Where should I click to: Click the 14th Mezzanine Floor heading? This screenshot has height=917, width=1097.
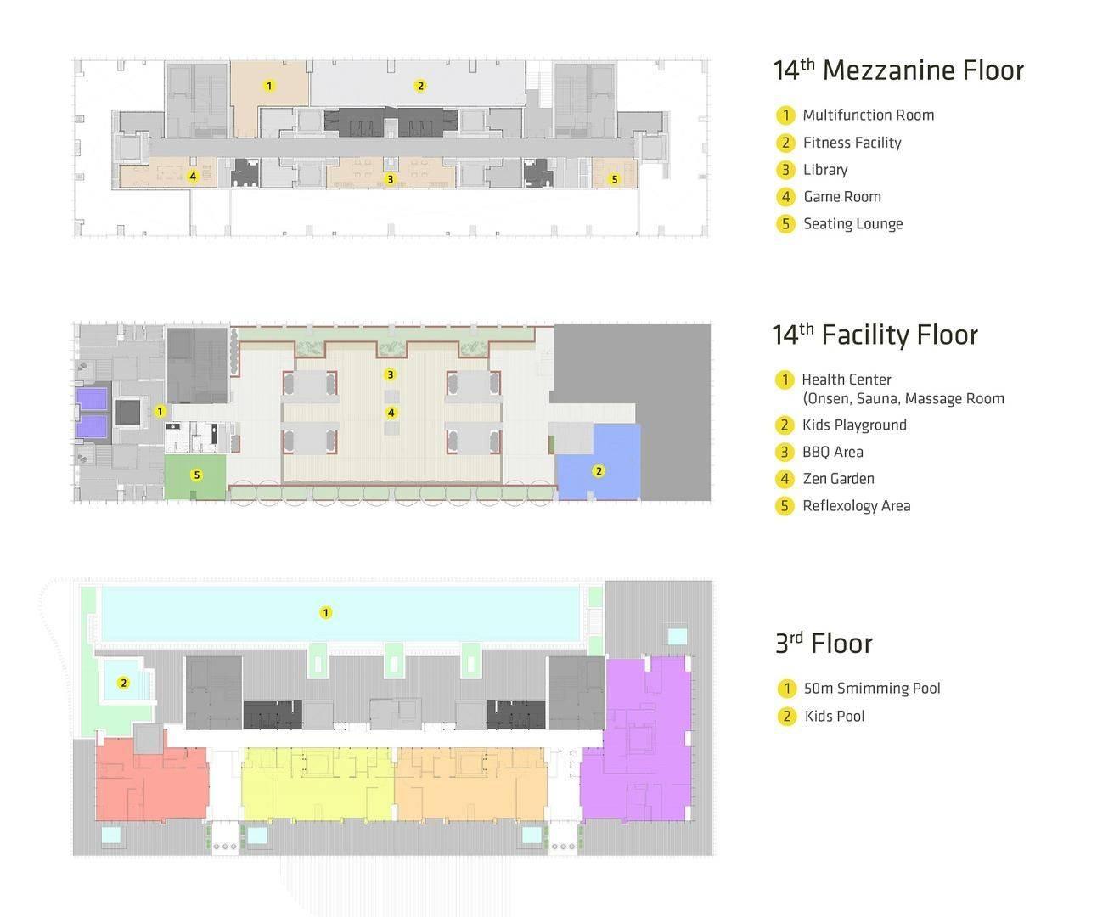pyautogui.click(x=898, y=70)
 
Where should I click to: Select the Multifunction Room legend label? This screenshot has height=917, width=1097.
pyautogui.click(x=869, y=115)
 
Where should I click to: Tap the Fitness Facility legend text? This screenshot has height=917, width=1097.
pyautogui.click(x=852, y=143)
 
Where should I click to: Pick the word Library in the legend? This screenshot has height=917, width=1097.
pyautogui.click(x=825, y=170)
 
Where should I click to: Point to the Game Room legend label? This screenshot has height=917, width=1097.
pyautogui.click(x=842, y=196)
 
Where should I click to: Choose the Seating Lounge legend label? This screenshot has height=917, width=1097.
pyautogui.click(x=853, y=224)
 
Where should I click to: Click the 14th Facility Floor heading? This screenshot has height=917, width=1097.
pyautogui.click(x=875, y=335)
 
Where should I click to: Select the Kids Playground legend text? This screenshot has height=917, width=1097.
pyautogui.click(x=854, y=425)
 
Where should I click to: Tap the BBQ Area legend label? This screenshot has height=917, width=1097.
pyautogui.click(x=833, y=452)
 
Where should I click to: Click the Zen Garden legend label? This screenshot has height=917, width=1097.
pyautogui.click(x=839, y=479)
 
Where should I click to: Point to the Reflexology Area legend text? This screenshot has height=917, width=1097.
pyautogui.click(x=857, y=505)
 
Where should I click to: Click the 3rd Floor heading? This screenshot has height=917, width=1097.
pyautogui.click(x=824, y=644)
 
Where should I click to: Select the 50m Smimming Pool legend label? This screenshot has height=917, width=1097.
pyautogui.click(x=872, y=689)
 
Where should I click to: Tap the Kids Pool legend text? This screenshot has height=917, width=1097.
pyautogui.click(x=835, y=716)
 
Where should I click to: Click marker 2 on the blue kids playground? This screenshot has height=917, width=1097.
pyautogui.click(x=599, y=471)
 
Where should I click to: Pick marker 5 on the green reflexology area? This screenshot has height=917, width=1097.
pyautogui.click(x=196, y=475)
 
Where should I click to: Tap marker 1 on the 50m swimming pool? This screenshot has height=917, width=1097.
pyautogui.click(x=326, y=612)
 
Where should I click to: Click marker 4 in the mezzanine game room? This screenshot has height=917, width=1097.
pyautogui.click(x=193, y=176)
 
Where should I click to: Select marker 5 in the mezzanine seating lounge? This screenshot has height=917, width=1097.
pyautogui.click(x=614, y=179)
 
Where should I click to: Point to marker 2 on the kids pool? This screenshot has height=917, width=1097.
pyautogui.click(x=123, y=683)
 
